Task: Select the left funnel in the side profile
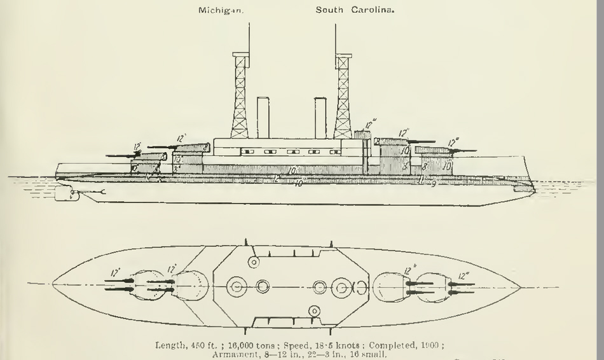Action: click(x=263, y=118)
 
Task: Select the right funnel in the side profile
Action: click(x=320, y=118)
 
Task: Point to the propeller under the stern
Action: click(x=65, y=194)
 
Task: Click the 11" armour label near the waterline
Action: click(x=422, y=180)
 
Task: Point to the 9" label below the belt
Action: click(x=434, y=184)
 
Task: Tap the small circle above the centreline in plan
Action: click(x=253, y=262)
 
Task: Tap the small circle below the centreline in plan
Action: click(x=313, y=311)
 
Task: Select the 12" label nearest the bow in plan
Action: click(x=463, y=275)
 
